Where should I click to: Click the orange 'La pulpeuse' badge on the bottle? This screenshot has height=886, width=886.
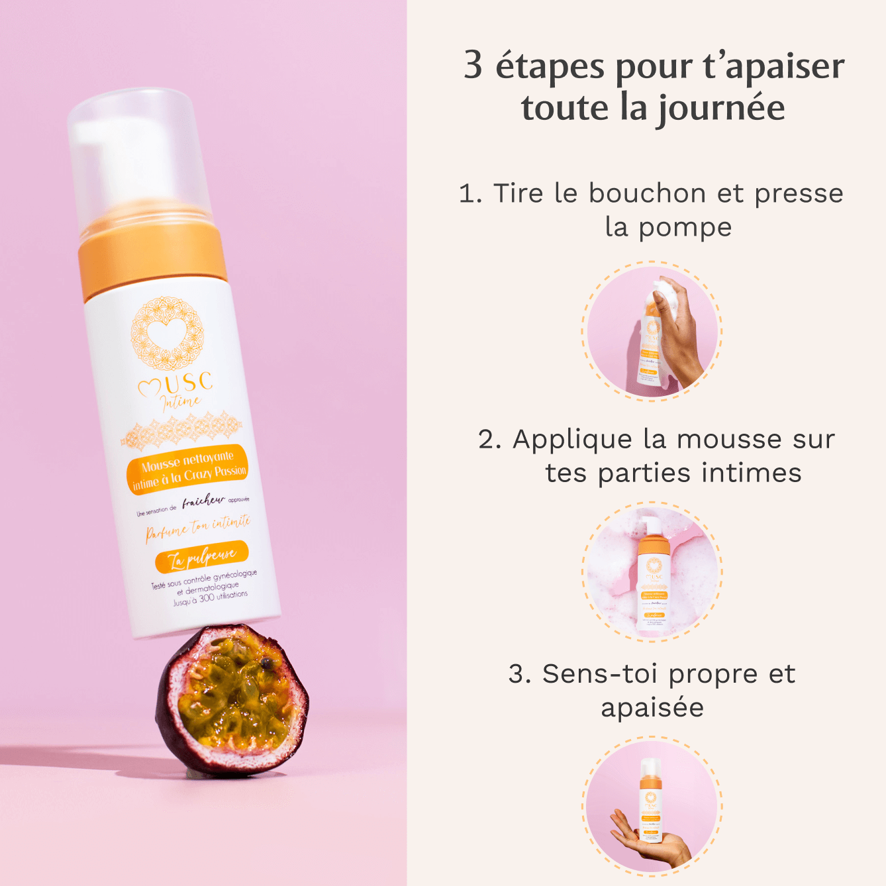click(x=201, y=557)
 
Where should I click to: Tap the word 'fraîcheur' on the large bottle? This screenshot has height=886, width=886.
click(x=203, y=502)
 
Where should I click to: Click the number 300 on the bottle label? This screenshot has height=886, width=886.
click(x=207, y=598)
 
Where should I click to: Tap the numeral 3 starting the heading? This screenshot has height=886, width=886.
click(x=473, y=65)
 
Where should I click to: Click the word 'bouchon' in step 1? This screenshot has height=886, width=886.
click(x=647, y=193)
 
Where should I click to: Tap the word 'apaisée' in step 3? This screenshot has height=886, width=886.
click(x=652, y=707)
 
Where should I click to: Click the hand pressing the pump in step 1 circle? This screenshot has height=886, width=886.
click(x=679, y=331)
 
